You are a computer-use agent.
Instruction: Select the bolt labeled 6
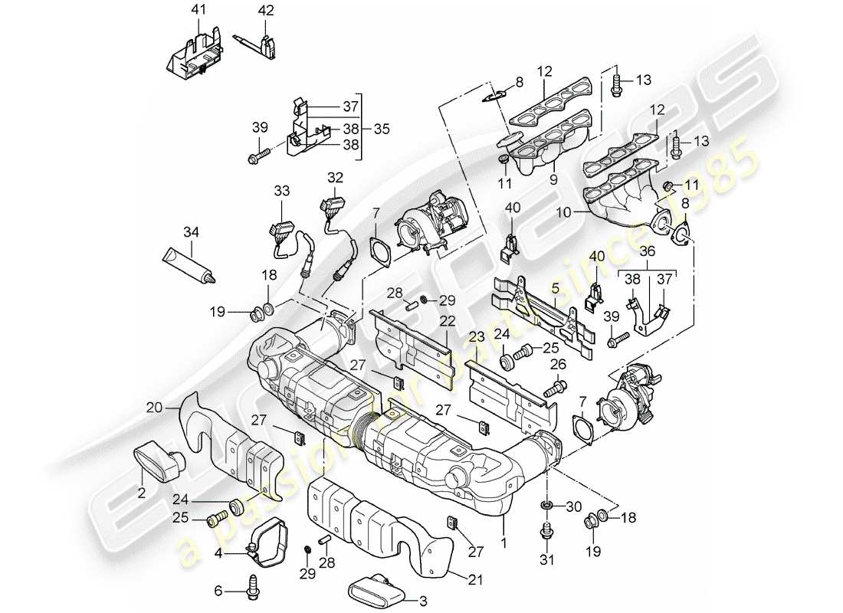click(254, 591)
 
